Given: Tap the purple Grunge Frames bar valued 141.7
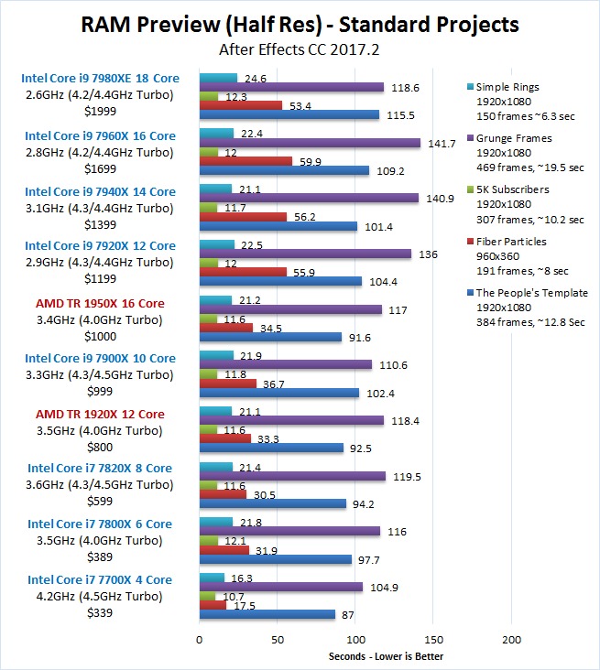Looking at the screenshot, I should click(310, 143).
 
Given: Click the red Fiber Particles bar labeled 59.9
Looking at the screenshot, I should click(245, 161).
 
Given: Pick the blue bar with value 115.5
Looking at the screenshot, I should click(289, 114).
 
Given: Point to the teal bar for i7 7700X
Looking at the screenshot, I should click(212, 578).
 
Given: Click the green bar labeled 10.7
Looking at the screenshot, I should click(207, 596).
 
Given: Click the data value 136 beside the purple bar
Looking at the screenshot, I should click(427, 254).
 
